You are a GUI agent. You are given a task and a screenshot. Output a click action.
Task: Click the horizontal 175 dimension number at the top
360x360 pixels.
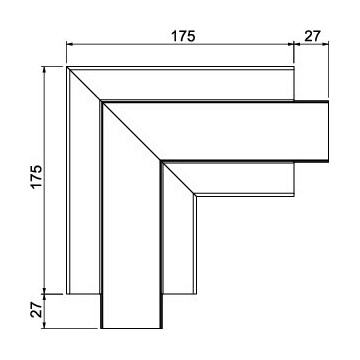[183, 36]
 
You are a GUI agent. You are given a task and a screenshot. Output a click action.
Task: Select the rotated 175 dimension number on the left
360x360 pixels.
[37, 176]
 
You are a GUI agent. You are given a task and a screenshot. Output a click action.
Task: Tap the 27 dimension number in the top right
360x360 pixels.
[312, 36]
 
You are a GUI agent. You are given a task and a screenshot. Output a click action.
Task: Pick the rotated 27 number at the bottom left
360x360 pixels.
[37, 310]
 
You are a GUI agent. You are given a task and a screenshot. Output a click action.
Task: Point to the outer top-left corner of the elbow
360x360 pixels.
[67, 67]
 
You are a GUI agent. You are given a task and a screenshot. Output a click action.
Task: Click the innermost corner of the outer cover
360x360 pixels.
[194, 195]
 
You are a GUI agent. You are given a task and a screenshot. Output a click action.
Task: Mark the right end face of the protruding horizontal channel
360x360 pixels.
[328, 131]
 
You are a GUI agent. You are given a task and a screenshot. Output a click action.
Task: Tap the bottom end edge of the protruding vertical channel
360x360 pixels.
[131, 328]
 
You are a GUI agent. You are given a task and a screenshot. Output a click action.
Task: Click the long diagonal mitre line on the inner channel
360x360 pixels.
[131, 131]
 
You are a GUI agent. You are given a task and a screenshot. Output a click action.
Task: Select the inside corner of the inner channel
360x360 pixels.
[161, 162]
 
